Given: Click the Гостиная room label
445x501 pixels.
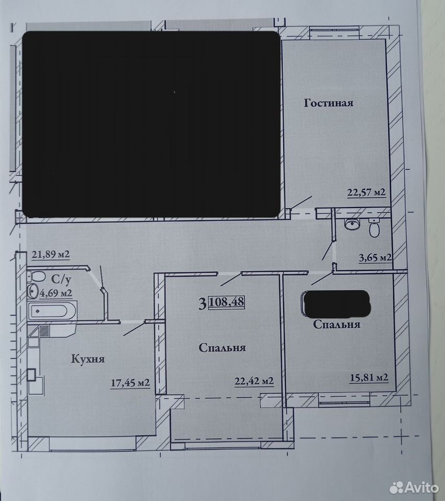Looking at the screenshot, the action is pos(329,103).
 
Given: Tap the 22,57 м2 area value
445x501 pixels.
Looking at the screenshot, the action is pos(366,193).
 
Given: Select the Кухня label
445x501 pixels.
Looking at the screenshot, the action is pos(88,359).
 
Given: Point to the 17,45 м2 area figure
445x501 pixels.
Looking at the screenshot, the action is pos(130,383).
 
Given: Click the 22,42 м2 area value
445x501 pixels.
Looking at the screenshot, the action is pos(254,381).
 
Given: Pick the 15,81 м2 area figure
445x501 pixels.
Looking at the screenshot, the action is pos(369,377).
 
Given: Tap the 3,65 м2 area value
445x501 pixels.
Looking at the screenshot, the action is pos(376,257).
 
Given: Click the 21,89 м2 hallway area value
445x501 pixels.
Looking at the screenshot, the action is pos(51,254).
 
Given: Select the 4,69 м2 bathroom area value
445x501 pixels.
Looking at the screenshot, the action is pos(55,293).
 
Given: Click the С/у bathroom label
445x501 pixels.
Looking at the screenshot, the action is pos(61,279).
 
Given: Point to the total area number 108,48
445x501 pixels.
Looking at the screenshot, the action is pos(226,302).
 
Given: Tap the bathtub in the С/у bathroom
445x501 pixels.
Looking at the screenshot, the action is pos(52,310).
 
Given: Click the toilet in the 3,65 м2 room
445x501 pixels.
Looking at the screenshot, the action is pos(374,228).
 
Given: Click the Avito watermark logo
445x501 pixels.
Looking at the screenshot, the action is pos(414,487).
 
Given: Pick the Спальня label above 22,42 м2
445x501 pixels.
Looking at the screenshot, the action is pos(222,348).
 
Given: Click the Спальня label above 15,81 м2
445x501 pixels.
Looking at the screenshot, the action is pos(337,324).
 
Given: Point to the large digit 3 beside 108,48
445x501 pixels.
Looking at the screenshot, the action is pos(202,303).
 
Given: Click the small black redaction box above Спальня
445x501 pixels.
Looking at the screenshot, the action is pos(336,303).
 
